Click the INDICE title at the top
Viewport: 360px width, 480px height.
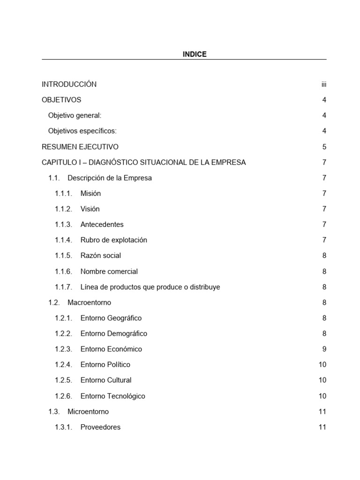click(195, 54)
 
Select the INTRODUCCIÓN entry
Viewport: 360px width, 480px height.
click(69, 84)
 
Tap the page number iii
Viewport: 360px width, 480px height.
click(323, 84)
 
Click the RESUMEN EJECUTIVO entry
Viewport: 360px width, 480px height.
click(80, 147)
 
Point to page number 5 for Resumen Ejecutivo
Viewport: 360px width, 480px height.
click(324, 147)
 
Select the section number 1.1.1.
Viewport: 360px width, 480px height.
click(63, 194)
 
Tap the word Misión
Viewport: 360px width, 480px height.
click(90, 194)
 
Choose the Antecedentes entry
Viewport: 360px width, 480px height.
click(102, 225)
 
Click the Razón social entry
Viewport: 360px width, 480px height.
click(100, 255)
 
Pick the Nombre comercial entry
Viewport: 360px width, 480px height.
click(109, 271)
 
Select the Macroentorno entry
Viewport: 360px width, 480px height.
click(89, 302)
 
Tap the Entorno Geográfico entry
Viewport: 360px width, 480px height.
click(111, 318)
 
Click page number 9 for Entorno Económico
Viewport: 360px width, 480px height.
click(324, 349)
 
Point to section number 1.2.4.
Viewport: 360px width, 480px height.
click(63, 365)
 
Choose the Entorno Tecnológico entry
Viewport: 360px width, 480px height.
click(112, 396)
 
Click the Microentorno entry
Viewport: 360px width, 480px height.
click(88, 412)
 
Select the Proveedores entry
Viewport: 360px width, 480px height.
click(100, 427)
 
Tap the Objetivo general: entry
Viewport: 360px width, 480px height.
click(75, 115)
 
